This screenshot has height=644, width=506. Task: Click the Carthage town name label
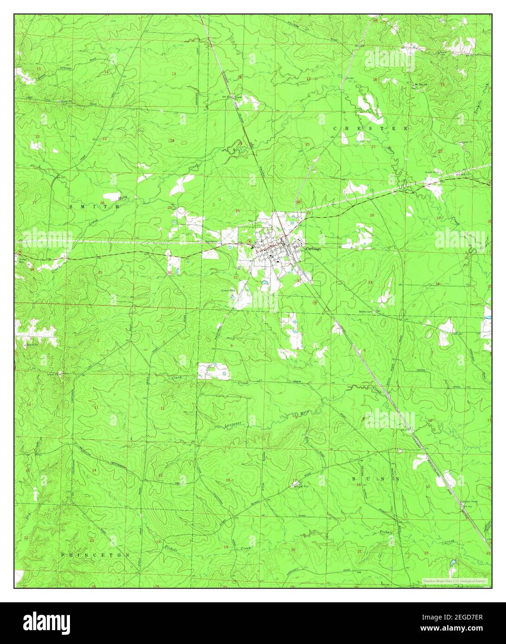click(x=314, y=248)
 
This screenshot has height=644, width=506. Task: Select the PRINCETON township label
click(x=95, y=554)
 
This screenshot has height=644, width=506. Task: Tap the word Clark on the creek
click(x=176, y=378)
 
